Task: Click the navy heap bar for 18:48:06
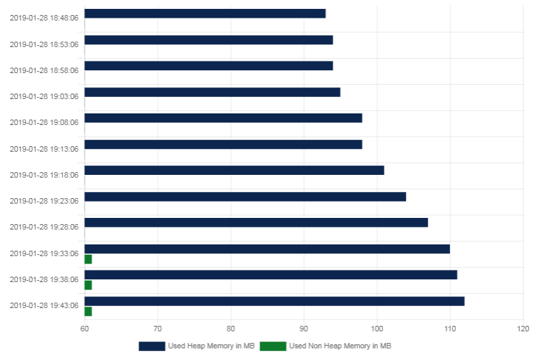click(205, 14)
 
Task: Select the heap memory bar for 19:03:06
click(212, 92)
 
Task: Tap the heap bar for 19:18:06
click(234, 170)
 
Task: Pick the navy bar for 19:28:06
click(256, 223)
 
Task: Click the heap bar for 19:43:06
click(274, 301)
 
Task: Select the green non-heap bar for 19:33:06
click(88, 260)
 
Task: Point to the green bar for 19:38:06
click(88, 285)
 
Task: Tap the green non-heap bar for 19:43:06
click(88, 311)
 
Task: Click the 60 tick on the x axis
click(85, 329)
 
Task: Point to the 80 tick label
click(231, 329)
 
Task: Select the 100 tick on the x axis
click(377, 329)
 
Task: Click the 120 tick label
click(523, 329)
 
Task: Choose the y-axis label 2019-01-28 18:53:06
click(44, 44)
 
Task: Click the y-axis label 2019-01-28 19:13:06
click(44, 149)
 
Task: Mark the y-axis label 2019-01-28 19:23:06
click(44, 201)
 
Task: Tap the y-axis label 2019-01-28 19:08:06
click(44, 122)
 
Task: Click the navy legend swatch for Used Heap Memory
click(152, 346)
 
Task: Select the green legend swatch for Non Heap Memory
click(273, 346)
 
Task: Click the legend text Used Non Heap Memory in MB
click(340, 346)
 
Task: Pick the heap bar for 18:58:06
click(209, 66)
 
